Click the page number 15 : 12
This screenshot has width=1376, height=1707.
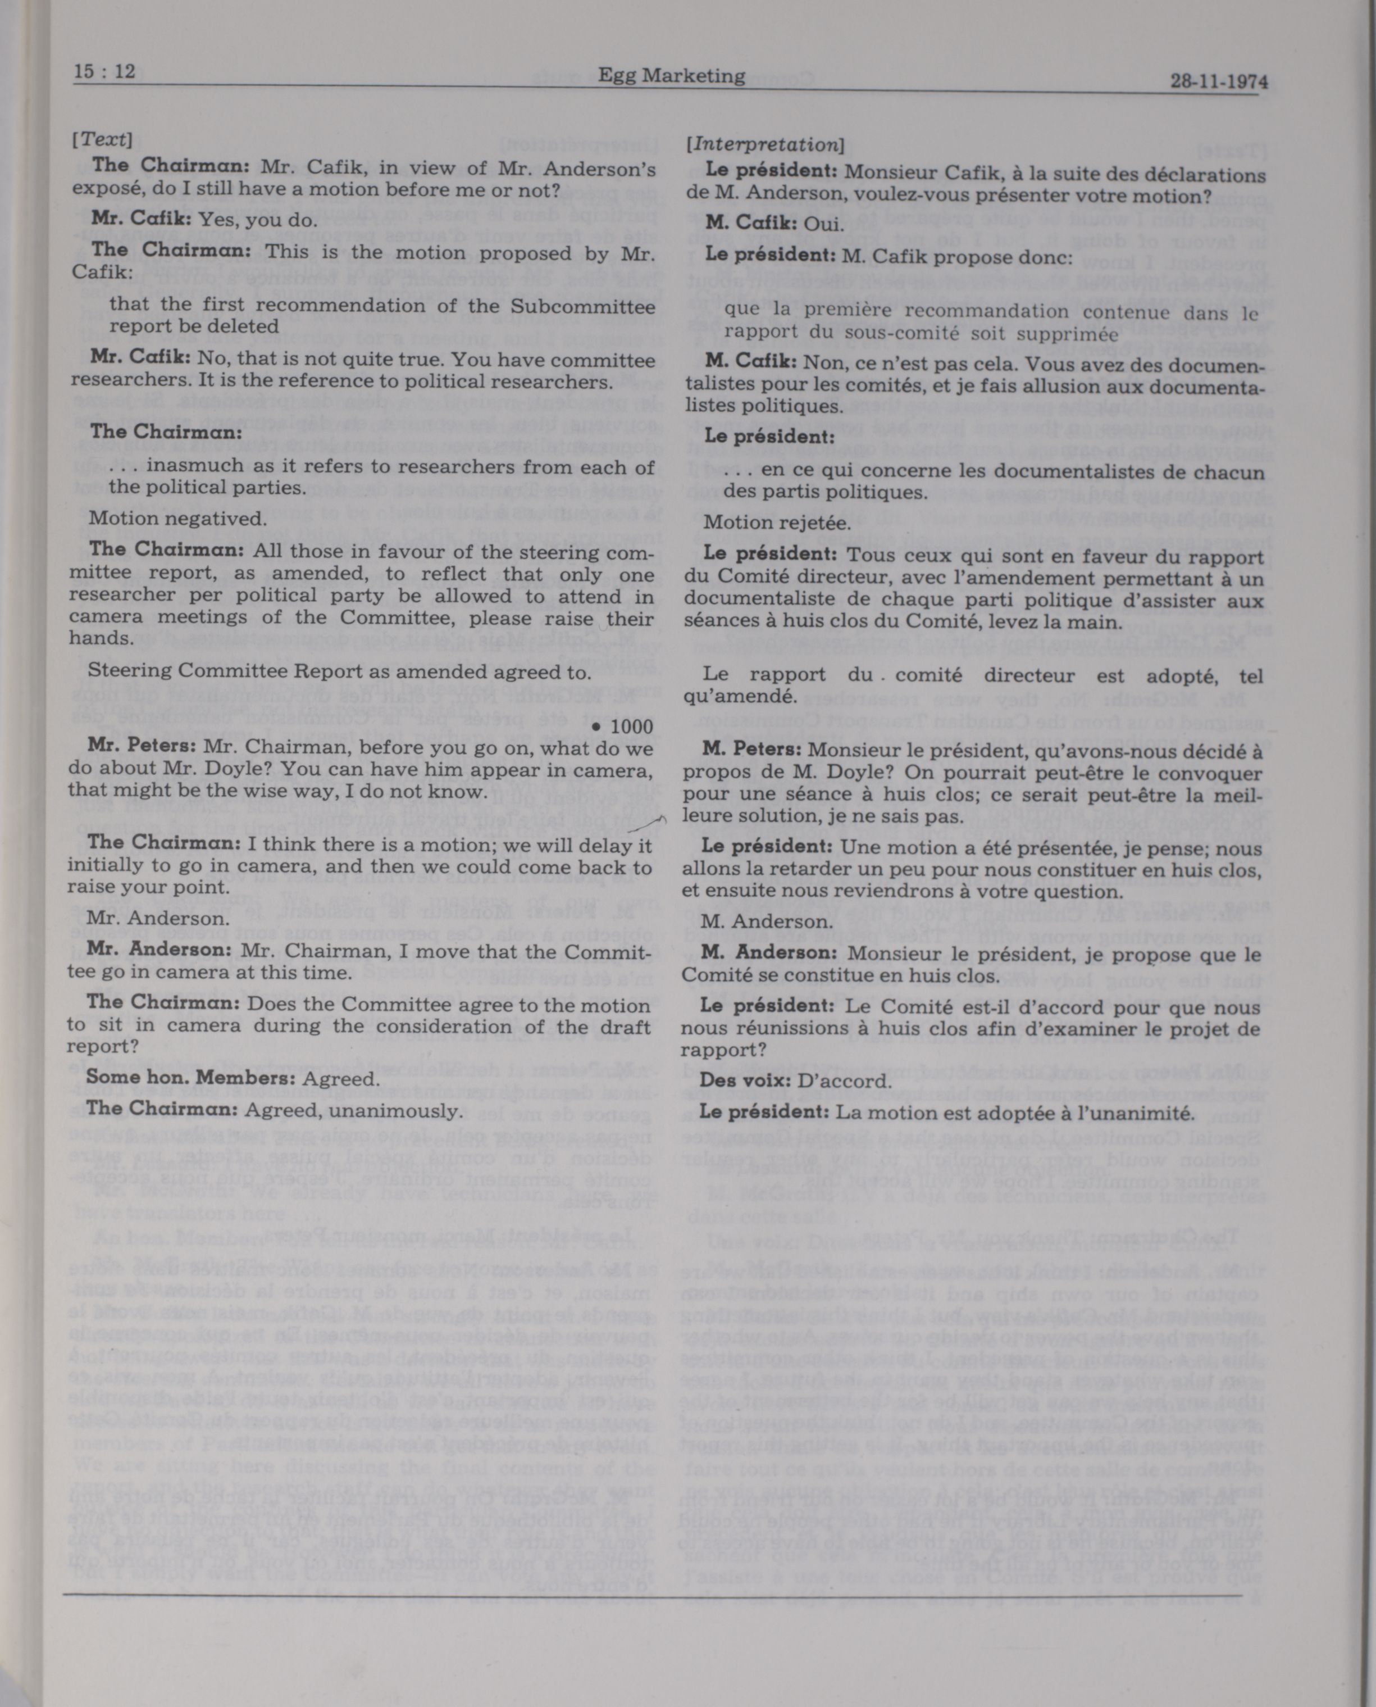point(104,71)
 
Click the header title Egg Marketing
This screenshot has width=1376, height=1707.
point(671,75)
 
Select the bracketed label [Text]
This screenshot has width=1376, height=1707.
point(102,139)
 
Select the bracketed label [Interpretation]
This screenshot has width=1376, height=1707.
point(765,144)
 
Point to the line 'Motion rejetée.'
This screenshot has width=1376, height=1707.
point(777,523)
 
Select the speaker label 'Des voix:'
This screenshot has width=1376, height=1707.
point(745,1081)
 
